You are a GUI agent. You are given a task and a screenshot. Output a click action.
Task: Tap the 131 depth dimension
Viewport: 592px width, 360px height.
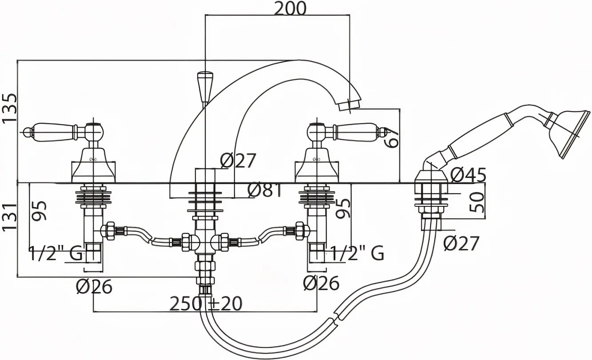coord(9,218)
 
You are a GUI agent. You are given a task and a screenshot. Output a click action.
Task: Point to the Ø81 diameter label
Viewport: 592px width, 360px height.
coord(265,190)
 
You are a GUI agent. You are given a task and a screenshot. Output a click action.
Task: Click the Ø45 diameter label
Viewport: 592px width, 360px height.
coord(468,175)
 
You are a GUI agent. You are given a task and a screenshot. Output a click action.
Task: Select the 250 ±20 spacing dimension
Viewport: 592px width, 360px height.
coord(206,304)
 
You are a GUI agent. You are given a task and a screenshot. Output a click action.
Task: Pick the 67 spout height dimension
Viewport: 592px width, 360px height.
coord(391,138)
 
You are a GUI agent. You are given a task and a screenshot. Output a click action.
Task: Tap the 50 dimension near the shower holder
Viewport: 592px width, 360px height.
coord(477,202)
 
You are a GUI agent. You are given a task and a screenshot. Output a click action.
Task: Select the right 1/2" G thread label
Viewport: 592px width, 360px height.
coord(358,253)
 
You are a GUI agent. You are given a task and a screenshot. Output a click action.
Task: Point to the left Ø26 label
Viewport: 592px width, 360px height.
coord(94,286)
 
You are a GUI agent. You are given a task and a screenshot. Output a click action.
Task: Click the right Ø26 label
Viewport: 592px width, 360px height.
coord(321,283)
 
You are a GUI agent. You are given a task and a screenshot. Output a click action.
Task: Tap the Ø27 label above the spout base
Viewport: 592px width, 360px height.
coord(238,161)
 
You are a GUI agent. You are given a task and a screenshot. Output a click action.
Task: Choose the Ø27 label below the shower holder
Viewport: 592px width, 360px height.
coord(461,244)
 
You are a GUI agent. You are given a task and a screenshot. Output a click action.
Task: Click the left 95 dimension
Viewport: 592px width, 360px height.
coord(40,210)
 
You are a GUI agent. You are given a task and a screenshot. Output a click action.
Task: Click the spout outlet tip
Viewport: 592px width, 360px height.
coord(350,105)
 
